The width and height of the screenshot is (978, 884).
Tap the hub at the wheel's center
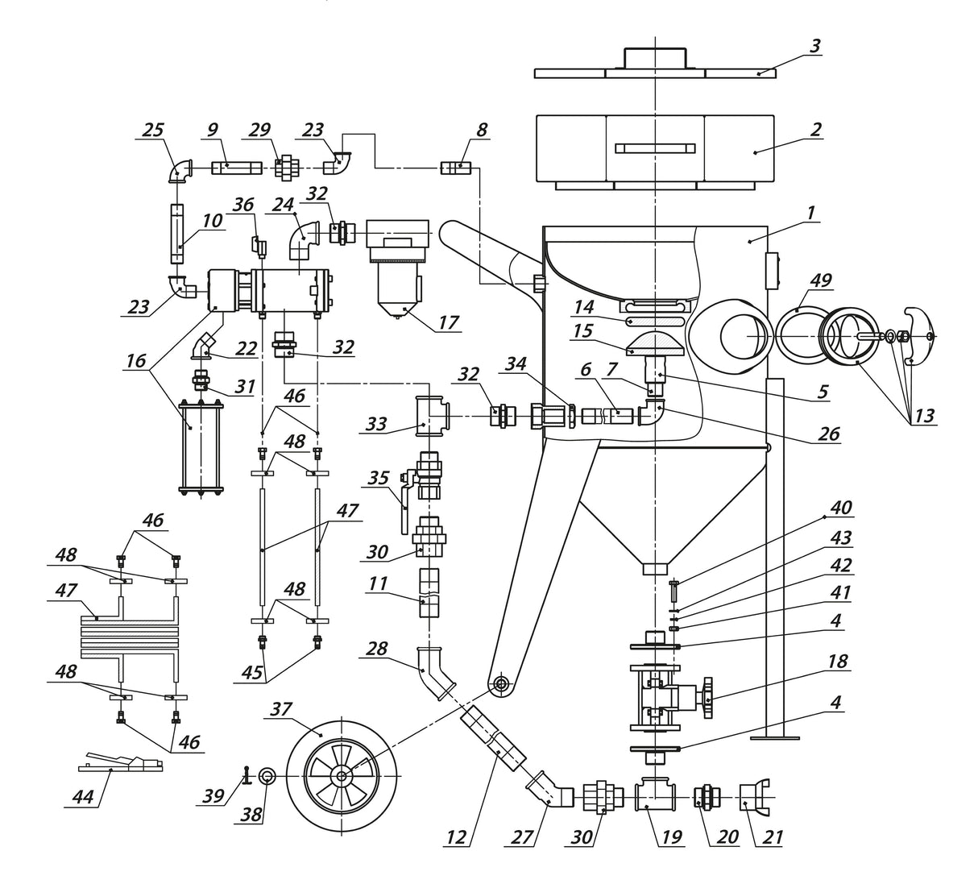tap(342, 776)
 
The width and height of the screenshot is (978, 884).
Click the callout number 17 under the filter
tap(449, 322)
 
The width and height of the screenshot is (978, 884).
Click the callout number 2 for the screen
tap(816, 129)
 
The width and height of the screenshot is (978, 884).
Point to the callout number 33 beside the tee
tap(376, 423)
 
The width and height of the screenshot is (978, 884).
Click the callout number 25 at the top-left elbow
tap(152, 129)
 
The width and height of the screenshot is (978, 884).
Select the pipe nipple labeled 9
tap(237, 168)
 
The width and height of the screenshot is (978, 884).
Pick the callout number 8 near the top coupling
tap(481, 129)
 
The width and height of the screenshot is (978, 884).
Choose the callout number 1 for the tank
tap(811, 212)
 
